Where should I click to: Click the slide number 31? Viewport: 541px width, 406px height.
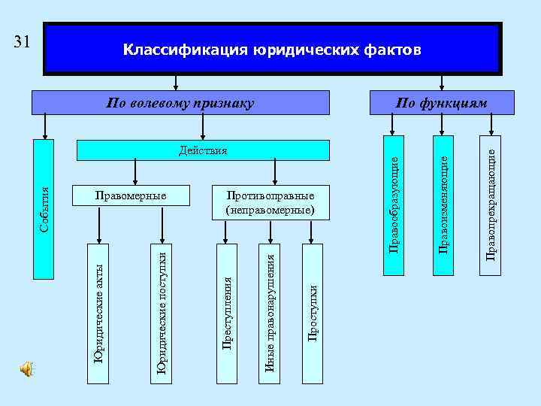pos(22,41)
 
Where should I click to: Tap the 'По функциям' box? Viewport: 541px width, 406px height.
pos(442,102)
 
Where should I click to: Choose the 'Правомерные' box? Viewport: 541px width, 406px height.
pos(129,195)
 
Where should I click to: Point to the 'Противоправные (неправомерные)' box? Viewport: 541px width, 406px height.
pos(270,202)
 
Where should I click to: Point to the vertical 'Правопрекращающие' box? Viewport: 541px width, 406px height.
pos(491,203)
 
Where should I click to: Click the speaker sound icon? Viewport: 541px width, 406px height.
pos(27,368)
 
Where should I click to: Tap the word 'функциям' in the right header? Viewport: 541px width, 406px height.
pos(458,102)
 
